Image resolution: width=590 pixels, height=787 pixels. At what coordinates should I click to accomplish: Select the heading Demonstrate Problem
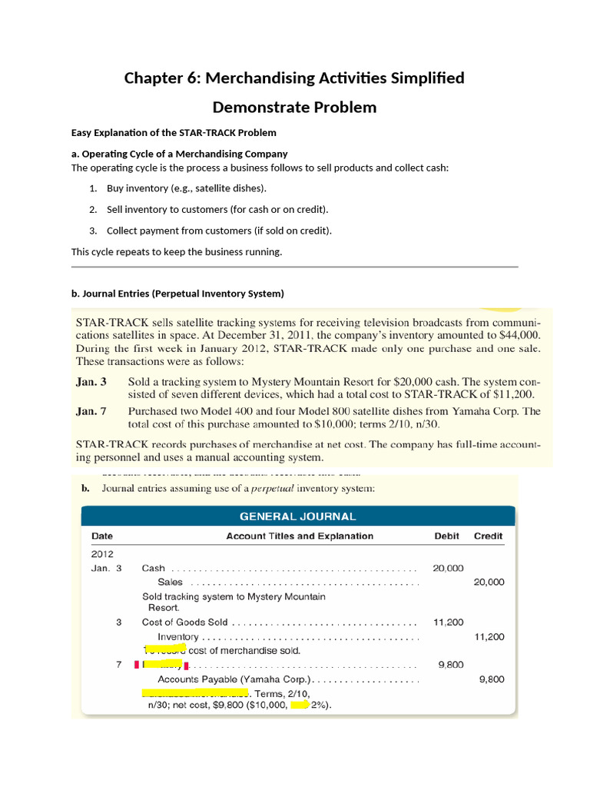pos(294,107)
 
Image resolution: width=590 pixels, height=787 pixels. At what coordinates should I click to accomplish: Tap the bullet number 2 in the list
pos(92,209)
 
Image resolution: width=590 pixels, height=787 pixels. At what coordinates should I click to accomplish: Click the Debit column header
pos(446,536)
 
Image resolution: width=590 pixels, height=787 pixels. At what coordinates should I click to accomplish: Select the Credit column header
pos(488,536)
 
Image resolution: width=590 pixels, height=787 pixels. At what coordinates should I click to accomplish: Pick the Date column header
pos(102,536)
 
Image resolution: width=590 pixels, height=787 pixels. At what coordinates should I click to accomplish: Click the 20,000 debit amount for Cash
pos(448,568)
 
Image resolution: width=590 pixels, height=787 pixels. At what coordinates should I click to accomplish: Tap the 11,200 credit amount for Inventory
pos(489,636)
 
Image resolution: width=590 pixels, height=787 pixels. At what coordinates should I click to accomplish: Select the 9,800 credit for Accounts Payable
pos(492,679)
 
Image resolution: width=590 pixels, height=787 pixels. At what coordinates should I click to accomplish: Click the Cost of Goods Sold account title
pos(185,623)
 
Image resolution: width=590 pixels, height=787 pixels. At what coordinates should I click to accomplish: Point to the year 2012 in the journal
pos(102,553)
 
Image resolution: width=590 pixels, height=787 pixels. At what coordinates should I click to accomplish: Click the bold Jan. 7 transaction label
pos(91,411)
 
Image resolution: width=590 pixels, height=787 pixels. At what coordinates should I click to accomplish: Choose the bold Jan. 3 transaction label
pos(91,381)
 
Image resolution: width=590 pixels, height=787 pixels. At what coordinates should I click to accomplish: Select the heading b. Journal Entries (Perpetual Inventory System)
pos(177,294)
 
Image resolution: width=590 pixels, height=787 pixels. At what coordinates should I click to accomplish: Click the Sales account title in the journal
pos(170,582)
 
